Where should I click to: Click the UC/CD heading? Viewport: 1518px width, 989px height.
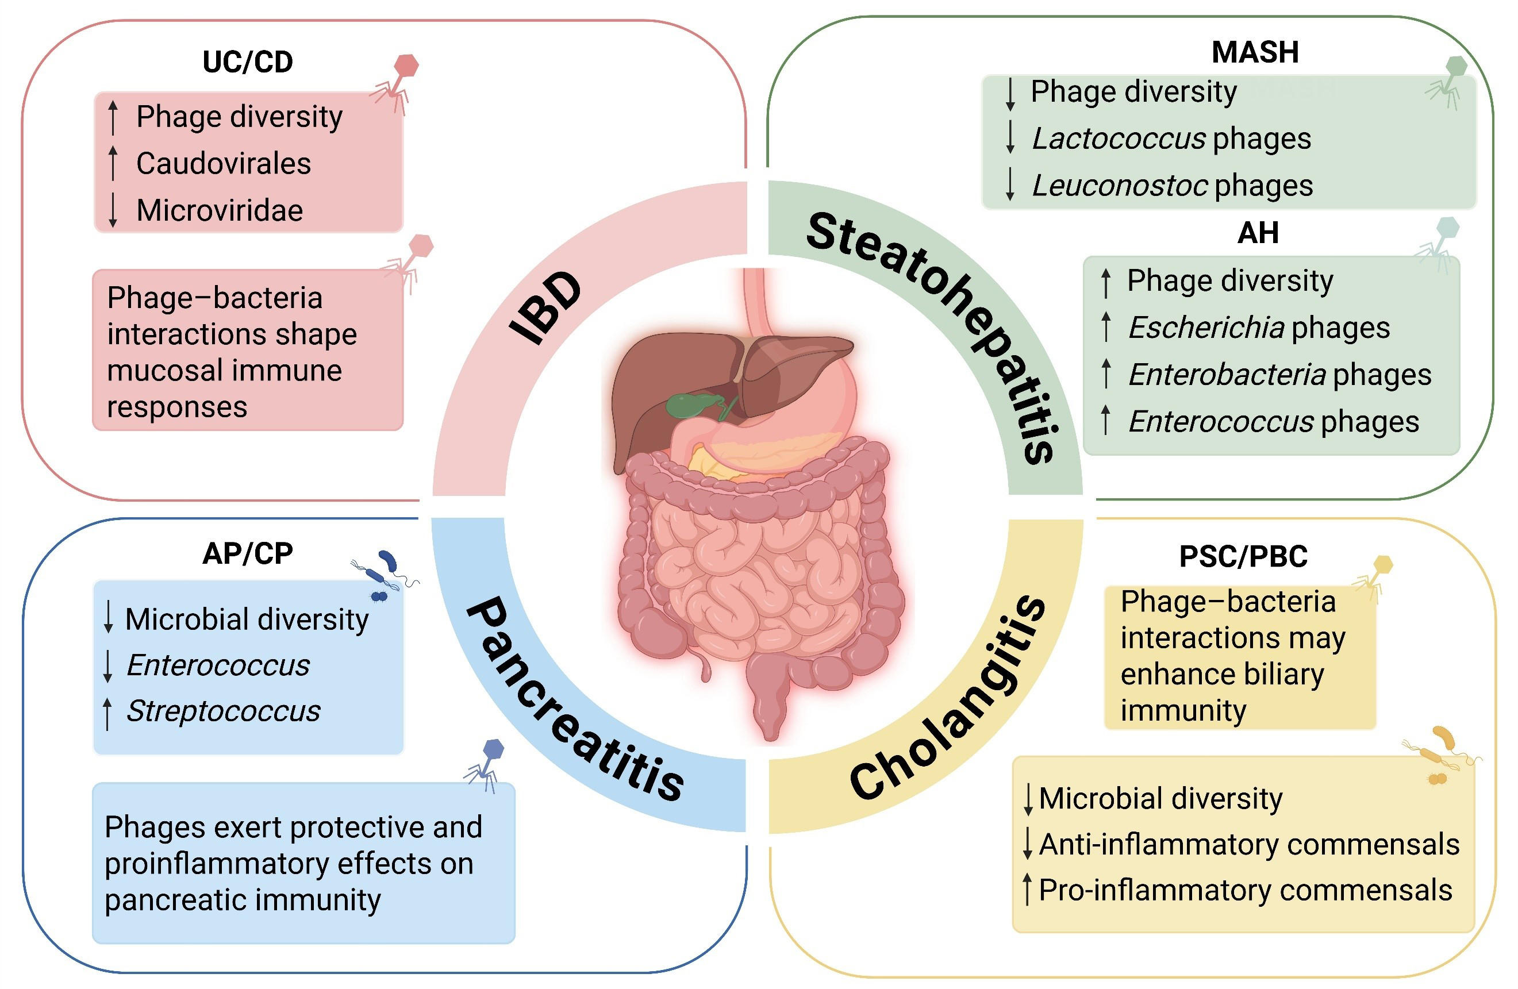(x=248, y=62)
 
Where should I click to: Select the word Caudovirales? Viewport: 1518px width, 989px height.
(x=223, y=163)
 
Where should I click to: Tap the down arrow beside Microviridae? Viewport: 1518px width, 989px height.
(x=113, y=210)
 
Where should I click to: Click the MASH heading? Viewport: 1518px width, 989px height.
(x=1255, y=52)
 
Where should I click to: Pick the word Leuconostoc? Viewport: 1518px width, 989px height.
(x=1119, y=186)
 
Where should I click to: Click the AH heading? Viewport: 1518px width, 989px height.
(x=1258, y=233)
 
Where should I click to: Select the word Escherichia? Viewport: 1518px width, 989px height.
(x=1205, y=328)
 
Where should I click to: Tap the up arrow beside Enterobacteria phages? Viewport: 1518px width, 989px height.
(x=1106, y=374)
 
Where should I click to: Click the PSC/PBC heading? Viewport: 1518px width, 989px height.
(x=1243, y=556)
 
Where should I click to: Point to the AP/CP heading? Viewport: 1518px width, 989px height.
(x=248, y=553)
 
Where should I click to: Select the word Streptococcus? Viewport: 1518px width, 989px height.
(x=223, y=711)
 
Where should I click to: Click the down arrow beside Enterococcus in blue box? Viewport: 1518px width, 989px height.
(x=108, y=665)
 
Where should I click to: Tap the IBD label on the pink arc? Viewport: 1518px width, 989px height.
(x=546, y=308)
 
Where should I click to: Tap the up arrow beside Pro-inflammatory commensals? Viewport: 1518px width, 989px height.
(x=1027, y=890)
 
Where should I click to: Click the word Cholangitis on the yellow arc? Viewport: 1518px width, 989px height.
(x=947, y=698)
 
